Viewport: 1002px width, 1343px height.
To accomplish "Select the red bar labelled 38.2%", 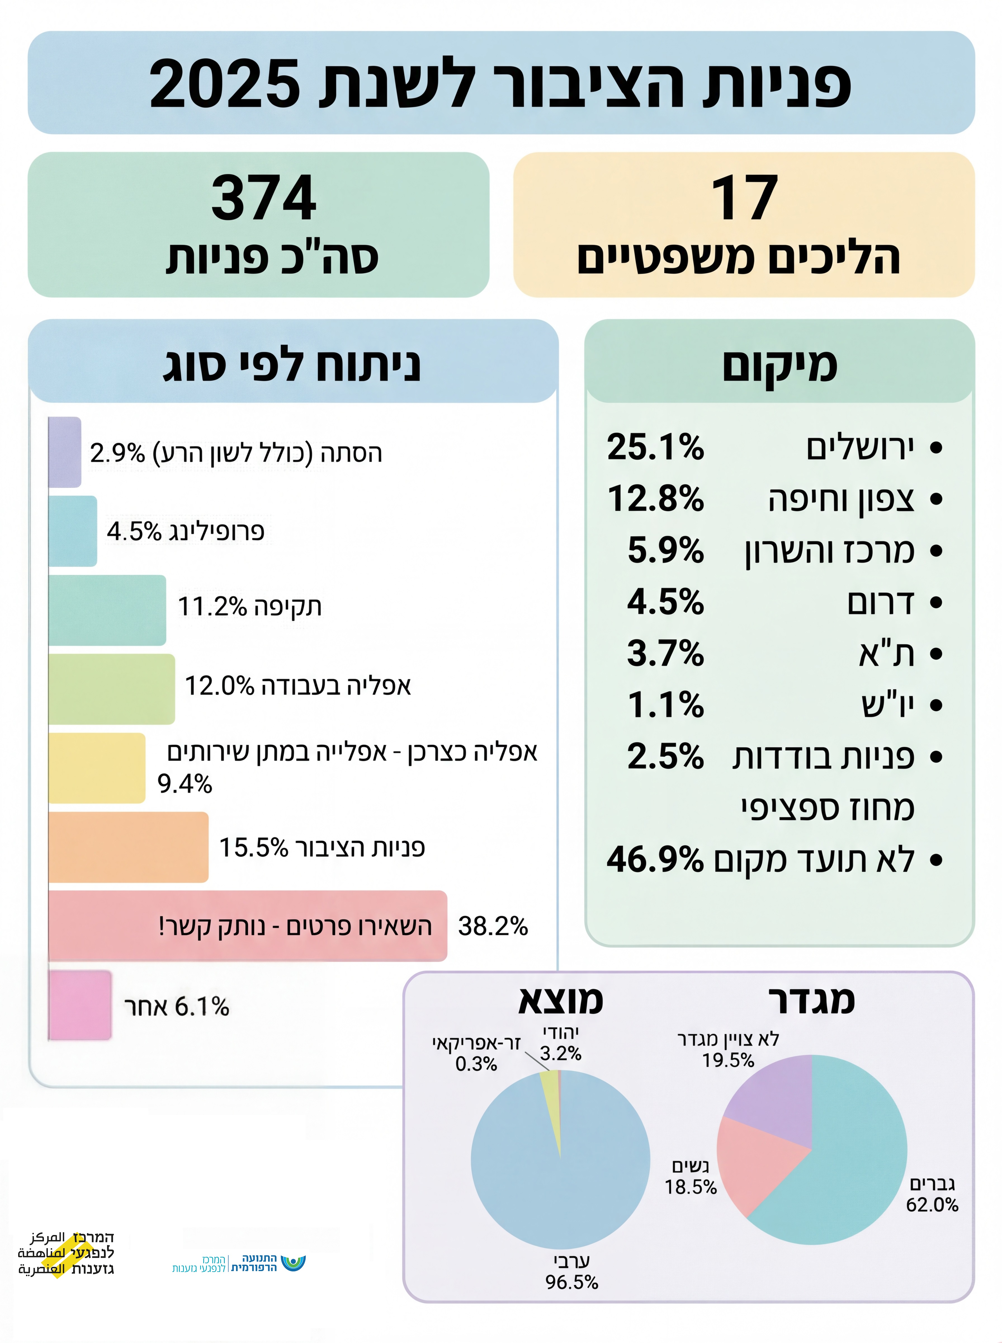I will [x=247, y=926].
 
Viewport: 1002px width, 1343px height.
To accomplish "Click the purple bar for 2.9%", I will [x=64, y=452].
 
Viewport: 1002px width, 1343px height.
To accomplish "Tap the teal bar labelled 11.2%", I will [x=107, y=609].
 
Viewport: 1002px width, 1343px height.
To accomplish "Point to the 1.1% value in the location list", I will [x=665, y=705].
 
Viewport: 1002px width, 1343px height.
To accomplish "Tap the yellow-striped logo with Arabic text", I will [x=65, y=1253].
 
